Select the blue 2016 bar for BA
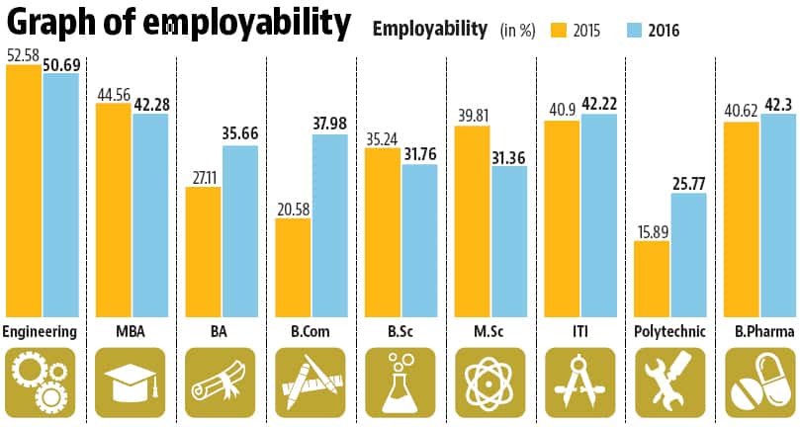240,231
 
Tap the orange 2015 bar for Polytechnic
651,278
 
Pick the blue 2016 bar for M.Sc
508,241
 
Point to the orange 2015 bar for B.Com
293,267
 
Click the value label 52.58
24,56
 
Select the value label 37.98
330,124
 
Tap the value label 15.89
652,230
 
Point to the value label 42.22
598,104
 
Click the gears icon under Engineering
40,381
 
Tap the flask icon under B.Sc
399,381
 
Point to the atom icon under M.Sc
489,381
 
